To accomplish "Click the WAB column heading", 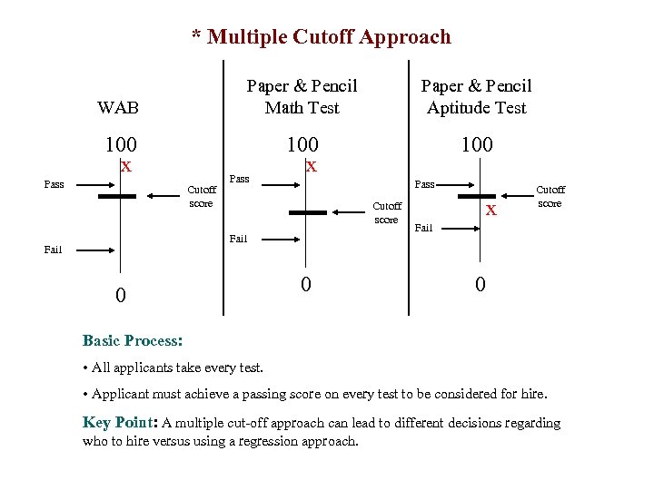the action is tap(118, 108).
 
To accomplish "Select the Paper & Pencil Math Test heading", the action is tap(302, 96).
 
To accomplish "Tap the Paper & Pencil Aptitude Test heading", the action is tap(477, 96).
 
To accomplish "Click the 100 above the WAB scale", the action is tap(121, 145).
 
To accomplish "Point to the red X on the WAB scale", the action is tap(126, 166).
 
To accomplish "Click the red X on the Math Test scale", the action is tap(311, 166).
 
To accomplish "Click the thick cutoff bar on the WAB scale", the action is tap(117, 195).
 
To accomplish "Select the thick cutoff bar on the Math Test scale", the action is tap(307, 212).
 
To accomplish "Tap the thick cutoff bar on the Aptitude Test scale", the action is tap(477, 196).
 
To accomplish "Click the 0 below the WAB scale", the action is tap(120, 295).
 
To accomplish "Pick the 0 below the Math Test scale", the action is tap(306, 285).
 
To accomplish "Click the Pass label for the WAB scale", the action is tap(54, 184).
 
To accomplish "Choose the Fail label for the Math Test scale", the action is tap(238, 239).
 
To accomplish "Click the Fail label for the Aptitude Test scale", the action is tap(423, 228).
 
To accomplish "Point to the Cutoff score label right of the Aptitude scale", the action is tap(550, 196).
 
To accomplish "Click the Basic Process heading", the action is tap(133, 341).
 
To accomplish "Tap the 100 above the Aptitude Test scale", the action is tap(477, 145).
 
